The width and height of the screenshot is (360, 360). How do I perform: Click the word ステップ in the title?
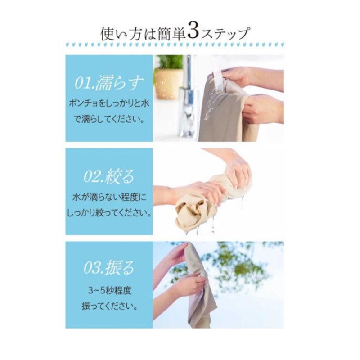(225, 34)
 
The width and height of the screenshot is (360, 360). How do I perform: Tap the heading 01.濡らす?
(109, 83)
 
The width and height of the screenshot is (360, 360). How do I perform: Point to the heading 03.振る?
(109, 267)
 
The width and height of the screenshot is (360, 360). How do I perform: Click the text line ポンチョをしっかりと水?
(109, 103)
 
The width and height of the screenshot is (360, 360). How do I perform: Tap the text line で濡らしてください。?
(109, 119)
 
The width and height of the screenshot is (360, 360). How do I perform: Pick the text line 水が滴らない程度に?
(109, 198)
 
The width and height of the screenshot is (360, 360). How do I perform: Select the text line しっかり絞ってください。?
(109, 213)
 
